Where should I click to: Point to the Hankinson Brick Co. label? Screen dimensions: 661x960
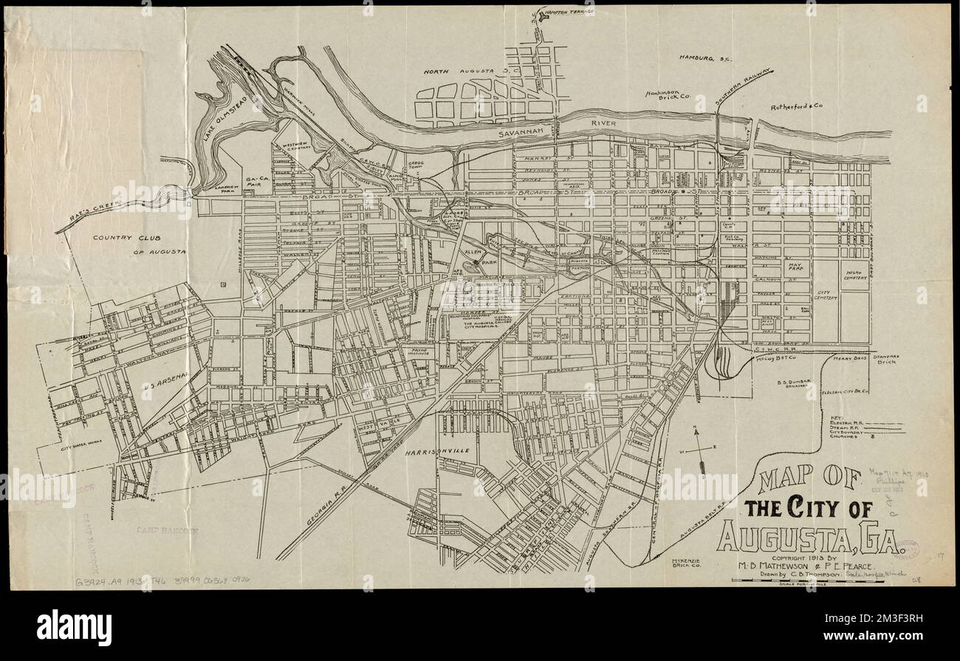point(668,95)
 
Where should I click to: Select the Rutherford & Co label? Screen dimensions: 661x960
point(796,106)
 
